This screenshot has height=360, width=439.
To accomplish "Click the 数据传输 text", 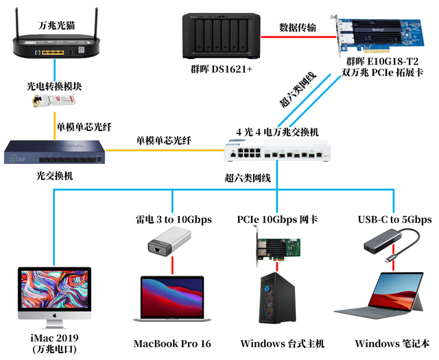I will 298,28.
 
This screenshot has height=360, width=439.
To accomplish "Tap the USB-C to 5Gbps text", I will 394,219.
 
